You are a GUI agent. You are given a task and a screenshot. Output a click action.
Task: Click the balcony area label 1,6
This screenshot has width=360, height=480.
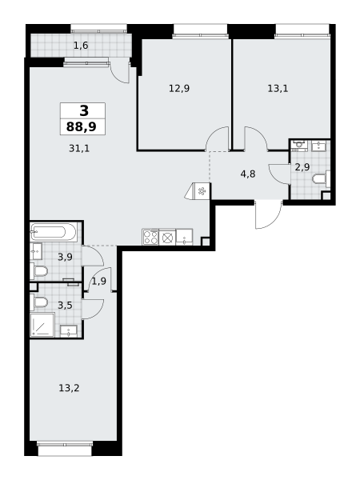81,46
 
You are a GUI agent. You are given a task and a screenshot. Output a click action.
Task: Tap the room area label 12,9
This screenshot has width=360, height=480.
179,89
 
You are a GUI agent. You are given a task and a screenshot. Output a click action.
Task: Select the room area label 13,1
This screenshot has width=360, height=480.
278,89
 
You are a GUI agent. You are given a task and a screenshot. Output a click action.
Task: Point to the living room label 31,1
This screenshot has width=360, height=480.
79,149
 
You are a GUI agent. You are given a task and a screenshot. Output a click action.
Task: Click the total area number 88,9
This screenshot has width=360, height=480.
82,126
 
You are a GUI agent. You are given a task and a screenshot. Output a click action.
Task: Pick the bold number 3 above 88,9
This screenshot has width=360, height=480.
84,110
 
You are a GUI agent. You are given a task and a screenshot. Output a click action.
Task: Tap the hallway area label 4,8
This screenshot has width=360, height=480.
248,174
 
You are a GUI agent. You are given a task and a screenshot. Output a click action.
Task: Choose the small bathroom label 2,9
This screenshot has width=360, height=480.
302,167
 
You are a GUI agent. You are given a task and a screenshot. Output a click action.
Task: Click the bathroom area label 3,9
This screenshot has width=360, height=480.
66,257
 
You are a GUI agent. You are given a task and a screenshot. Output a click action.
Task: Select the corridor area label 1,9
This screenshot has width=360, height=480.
99,281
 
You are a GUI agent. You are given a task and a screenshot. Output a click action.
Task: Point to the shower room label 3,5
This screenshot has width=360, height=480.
66,306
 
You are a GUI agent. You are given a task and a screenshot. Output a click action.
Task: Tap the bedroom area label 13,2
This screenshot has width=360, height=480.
69,388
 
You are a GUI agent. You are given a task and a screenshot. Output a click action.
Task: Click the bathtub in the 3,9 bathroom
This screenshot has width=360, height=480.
54,232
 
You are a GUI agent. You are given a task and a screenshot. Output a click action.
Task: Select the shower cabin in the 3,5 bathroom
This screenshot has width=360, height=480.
42,325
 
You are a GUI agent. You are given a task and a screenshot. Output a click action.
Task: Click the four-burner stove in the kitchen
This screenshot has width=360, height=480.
150,237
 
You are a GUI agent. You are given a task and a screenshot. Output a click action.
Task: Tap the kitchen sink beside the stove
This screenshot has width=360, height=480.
184,237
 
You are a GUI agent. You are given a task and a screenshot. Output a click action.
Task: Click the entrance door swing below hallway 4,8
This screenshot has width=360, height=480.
268,215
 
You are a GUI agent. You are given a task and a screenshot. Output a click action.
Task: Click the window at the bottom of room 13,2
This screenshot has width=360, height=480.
65,448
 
